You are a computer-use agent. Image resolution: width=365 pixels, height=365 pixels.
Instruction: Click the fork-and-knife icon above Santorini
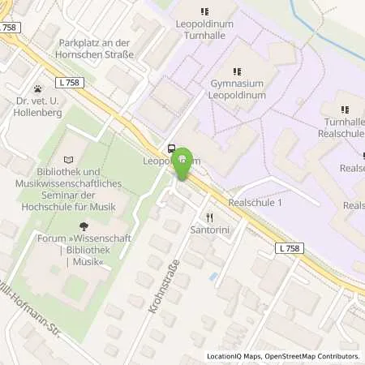210,217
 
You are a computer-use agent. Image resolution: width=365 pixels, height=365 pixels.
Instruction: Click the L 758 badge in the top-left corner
10,27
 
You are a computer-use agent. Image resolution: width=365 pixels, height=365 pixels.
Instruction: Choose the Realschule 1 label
255,202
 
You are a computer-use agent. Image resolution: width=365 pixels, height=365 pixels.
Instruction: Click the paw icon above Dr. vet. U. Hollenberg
37,89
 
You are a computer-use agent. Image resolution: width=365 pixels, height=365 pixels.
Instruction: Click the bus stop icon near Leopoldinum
171,148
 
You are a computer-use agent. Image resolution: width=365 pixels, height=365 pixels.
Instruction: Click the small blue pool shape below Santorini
213,277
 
